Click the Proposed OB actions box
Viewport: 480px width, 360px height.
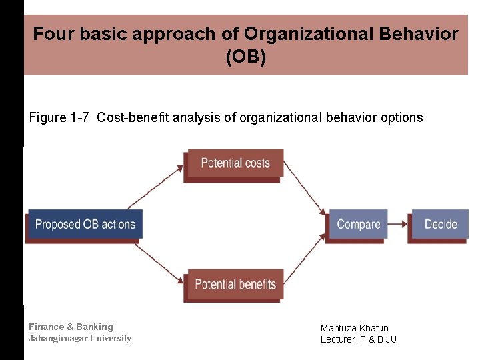click(85, 225)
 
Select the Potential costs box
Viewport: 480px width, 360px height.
click(235, 163)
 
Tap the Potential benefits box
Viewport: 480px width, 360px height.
click(235, 285)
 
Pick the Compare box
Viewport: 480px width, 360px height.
click(358, 225)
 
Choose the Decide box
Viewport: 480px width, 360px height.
click(441, 225)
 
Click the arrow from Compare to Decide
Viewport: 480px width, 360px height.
click(399, 225)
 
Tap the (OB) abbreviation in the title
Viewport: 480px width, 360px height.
click(245, 57)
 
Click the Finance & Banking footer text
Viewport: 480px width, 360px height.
click(71, 327)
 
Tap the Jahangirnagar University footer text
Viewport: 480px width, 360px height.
click(79, 339)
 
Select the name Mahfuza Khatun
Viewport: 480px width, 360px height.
click(354, 328)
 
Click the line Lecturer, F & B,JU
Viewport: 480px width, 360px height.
click(358, 339)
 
